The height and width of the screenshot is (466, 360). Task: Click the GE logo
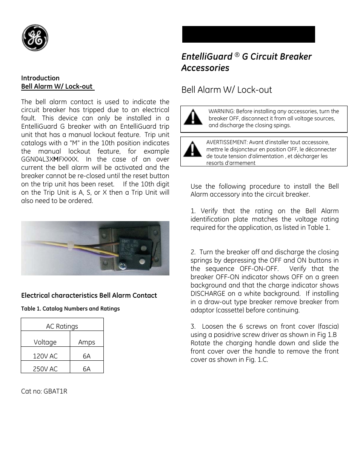35,38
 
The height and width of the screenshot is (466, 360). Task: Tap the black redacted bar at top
248,34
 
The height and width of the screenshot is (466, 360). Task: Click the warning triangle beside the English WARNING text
193,117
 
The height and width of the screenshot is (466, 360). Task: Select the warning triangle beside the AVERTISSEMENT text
192,149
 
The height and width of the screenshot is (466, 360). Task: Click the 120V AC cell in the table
45,356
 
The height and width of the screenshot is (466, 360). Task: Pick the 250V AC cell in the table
45,369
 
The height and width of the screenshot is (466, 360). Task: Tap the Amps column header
86,342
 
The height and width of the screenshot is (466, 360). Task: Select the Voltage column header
45,342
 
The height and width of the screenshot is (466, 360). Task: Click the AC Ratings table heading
62,326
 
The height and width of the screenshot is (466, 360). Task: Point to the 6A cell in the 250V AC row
86,369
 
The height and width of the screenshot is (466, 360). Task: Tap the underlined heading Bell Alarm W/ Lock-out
57,86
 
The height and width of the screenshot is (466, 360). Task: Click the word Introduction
40,78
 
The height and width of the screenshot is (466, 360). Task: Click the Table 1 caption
70,309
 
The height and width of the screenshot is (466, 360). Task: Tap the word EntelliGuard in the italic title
207,57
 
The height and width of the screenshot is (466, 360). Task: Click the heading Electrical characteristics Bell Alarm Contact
89,295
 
